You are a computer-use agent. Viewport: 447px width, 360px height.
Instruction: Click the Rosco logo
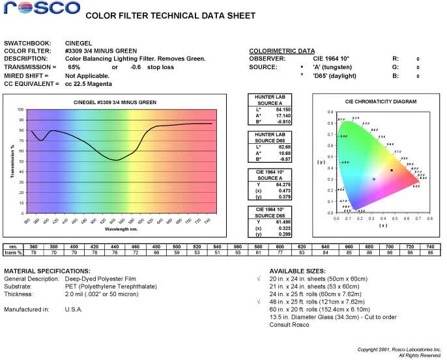click(x=40, y=8)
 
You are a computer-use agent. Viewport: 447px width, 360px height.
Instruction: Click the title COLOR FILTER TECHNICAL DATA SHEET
click(x=171, y=16)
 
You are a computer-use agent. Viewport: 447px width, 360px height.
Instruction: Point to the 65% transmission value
click(x=74, y=67)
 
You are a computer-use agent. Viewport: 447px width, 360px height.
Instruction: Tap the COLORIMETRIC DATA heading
click(x=281, y=51)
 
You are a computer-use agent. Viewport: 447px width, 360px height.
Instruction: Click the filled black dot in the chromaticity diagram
click(x=392, y=170)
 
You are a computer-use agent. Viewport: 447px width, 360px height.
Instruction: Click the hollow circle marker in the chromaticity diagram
click(x=374, y=179)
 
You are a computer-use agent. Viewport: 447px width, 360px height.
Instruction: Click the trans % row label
click(x=13, y=253)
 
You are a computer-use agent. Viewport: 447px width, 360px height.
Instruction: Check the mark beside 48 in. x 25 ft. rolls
click(x=259, y=302)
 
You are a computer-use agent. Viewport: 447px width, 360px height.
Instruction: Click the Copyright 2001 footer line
click(x=399, y=350)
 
